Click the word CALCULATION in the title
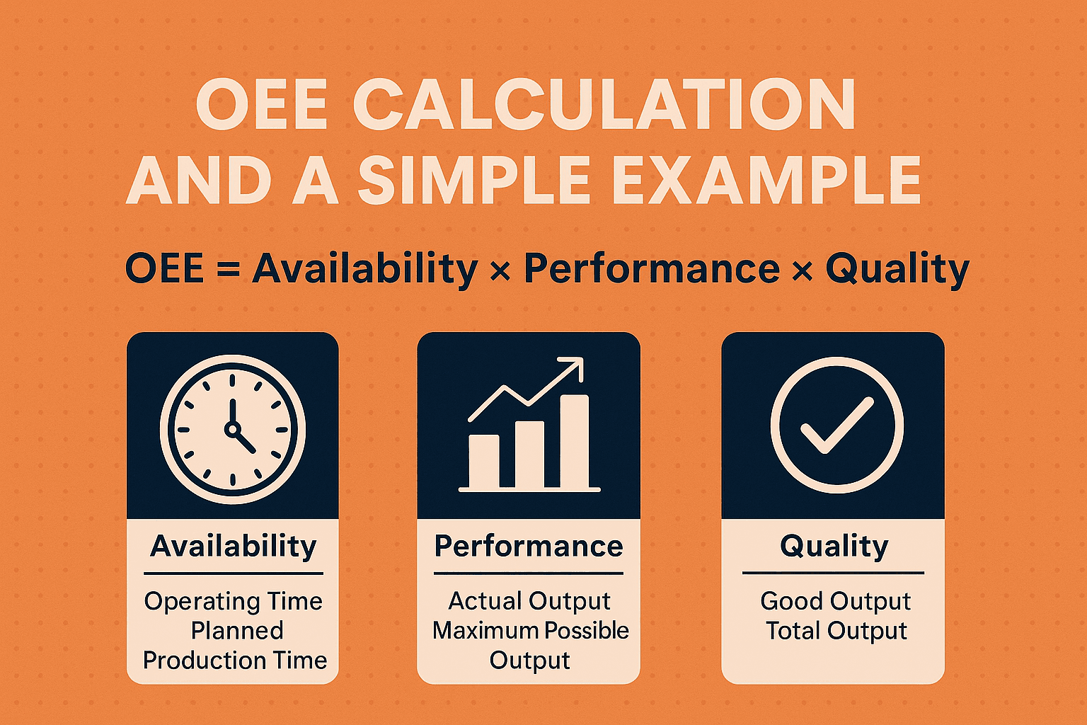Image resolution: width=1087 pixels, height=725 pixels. point(604,104)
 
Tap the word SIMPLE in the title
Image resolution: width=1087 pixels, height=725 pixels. point(474,180)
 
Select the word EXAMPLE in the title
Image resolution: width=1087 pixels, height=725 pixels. point(766,180)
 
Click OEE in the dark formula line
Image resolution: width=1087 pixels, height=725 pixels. point(164,268)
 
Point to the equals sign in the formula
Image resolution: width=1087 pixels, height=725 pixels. point(228,268)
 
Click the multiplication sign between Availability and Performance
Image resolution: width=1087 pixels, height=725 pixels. point(500,270)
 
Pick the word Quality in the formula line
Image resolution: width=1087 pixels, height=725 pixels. point(897,270)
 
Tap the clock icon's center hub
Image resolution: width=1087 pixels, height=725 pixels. point(232,429)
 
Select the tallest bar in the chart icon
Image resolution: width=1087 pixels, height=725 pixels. point(575,441)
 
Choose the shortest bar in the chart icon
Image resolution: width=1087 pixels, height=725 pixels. point(483,461)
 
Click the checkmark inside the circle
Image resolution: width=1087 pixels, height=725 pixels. point(836,426)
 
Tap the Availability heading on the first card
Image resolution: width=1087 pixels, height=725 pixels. point(234,547)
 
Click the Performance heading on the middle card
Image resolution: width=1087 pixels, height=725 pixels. point(529,547)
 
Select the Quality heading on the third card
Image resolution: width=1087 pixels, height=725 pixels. point(834,547)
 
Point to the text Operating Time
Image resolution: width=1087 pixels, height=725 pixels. point(234,602)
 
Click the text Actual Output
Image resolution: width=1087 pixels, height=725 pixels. point(529,602)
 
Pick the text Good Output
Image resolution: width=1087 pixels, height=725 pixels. point(836,602)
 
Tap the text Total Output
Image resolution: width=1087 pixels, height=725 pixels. point(836,631)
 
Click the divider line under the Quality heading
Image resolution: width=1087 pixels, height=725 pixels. point(833,573)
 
